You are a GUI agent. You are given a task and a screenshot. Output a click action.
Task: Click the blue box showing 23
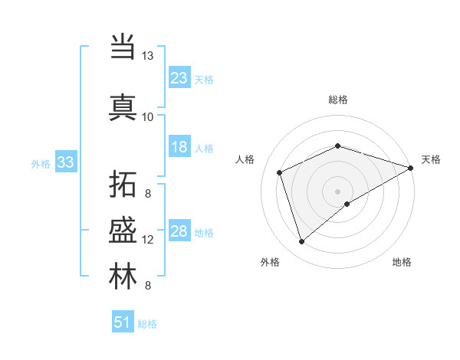[x=179, y=78]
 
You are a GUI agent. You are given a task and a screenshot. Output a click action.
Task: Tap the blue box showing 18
[x=179, y=147]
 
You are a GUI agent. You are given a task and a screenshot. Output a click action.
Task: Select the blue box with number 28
[x=179, y=231]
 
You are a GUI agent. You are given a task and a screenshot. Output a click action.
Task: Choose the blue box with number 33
[x=65, y=162]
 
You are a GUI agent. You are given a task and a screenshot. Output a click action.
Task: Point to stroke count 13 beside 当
[x=147, y=56]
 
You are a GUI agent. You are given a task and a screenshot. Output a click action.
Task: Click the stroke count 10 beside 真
[x=147, y=116]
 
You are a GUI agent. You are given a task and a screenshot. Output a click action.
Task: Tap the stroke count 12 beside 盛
[x=148, y=240]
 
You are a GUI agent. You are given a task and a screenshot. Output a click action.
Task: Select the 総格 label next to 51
[x=147, y=324]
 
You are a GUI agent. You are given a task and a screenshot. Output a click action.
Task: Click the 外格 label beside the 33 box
[x=40, y=163]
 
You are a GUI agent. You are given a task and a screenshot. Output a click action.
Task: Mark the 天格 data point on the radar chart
[x=412, y=168]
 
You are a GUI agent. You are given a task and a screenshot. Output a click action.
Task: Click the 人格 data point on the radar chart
[x=280, y=172]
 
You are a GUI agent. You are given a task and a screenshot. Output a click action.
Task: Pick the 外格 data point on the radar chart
[x=301, y=242]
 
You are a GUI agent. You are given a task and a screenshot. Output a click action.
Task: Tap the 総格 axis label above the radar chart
[x=338, y=100]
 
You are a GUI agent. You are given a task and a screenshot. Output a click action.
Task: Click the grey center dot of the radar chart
[x=338, y=191]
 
